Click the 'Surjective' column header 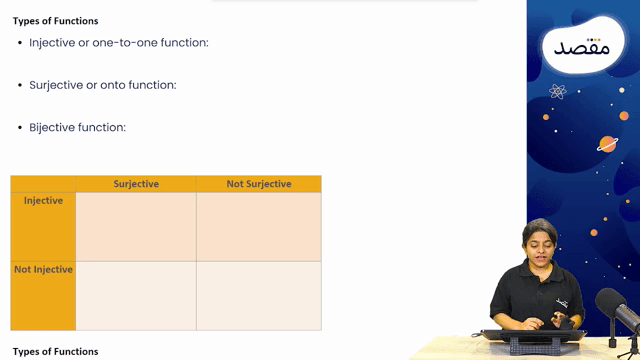[x=136, y=184]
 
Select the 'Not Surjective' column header [x=259, y=184]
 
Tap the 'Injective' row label [x=43, y=201]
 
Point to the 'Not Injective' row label [x=43, y=270]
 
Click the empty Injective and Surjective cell [x=136, y=226]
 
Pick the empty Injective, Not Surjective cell [x=259, y=226]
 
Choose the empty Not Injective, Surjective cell [x=136, y=296]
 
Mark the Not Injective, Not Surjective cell [x=259, y=296]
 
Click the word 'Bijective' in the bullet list [x=51, y=128]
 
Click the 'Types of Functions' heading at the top [x=56, y=21]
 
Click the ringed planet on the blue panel [x=607, y=143]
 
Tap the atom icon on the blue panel [x=558, y=91]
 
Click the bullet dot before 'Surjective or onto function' [x=20, y=86]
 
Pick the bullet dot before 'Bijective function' [x=20, y=128]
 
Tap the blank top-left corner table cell [x=43, y=184]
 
